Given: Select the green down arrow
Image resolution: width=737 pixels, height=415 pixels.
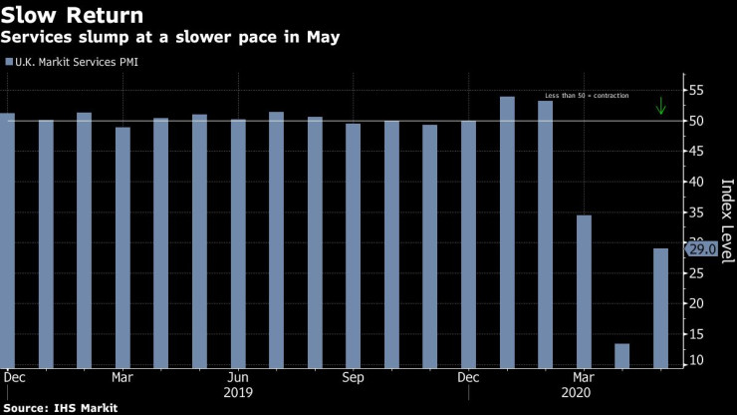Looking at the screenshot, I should point(660,106).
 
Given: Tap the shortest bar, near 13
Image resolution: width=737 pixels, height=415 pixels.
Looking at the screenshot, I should point(622,355).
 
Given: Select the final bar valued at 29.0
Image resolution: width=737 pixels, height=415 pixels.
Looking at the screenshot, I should point(660,307).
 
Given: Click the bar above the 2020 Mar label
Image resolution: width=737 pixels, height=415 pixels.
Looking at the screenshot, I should point(584,290).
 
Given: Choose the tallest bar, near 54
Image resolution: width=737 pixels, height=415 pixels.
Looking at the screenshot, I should point(507,231).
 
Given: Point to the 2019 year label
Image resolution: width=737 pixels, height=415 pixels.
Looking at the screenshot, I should point(238,393).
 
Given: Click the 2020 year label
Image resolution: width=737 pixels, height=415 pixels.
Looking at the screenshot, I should point(584,393).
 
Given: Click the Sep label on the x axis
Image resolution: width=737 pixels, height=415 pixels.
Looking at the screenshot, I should point(354,378).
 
